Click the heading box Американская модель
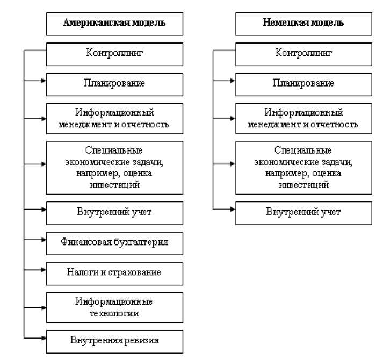114,24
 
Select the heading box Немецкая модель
303,24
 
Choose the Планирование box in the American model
114,83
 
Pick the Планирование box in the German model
303,83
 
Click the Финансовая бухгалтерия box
114,242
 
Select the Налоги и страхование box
114,272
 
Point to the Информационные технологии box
114,307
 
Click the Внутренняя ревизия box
114,340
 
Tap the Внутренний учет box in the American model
114,211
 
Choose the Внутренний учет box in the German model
303,211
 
